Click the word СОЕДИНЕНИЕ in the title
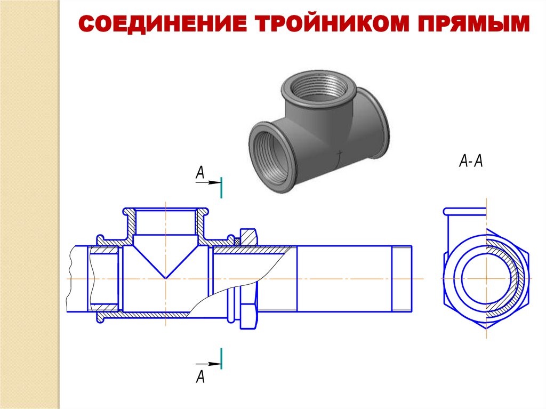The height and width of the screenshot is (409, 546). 163,23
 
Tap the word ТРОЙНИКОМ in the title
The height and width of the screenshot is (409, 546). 332,23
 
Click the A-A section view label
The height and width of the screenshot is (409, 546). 471,161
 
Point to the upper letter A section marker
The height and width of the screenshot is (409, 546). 200,172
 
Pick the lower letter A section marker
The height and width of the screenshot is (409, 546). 200,376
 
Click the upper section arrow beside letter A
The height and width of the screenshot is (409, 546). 208,182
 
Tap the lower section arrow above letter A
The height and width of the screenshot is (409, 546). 208,364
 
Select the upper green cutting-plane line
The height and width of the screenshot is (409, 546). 221,187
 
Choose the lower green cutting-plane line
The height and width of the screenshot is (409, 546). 221,358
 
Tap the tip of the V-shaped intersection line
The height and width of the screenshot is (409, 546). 166,278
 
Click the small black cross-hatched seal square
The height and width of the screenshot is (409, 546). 238,241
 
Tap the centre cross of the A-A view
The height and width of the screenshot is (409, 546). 486,278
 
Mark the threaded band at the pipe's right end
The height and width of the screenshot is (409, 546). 402,278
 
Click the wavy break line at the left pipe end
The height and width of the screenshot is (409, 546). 70,278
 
